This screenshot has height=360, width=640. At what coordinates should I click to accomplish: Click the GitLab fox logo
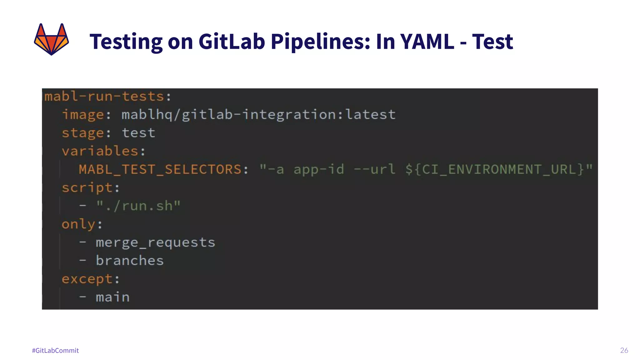[x=51, y=39]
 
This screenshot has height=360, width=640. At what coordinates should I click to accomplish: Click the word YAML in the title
[x=427, y=41]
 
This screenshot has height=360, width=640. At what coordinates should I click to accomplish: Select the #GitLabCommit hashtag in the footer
[x=55, y=350]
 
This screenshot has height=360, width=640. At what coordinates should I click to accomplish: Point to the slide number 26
[x=624, y=350]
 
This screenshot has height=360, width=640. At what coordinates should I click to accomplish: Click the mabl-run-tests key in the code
[x=104, y=96]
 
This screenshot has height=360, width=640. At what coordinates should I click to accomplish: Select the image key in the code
[x=83, y=115]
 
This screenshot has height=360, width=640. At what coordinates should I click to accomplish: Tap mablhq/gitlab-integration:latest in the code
[x=258, y=115]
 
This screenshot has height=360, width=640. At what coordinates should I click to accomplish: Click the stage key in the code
[x=83, y=133]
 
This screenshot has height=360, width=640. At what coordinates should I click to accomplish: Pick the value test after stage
[x=138, y=133]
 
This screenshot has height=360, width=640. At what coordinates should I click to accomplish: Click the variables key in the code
[x=100, y=151]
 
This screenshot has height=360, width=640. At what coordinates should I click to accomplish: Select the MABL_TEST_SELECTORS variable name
[x=160, y=169]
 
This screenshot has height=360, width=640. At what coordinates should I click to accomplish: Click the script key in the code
[x=87, y=188]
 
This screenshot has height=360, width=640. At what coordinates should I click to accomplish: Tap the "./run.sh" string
[x=138, y=206]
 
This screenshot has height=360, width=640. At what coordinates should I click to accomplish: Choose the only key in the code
[x=78, y=224]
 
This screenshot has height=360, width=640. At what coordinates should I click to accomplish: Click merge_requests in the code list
[x=155, y=242]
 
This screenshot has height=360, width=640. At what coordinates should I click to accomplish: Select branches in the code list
[x=130, y=261]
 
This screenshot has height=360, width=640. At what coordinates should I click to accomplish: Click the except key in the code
[x=87, y=279]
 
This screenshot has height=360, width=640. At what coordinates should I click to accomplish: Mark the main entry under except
[x=112, y=297]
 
